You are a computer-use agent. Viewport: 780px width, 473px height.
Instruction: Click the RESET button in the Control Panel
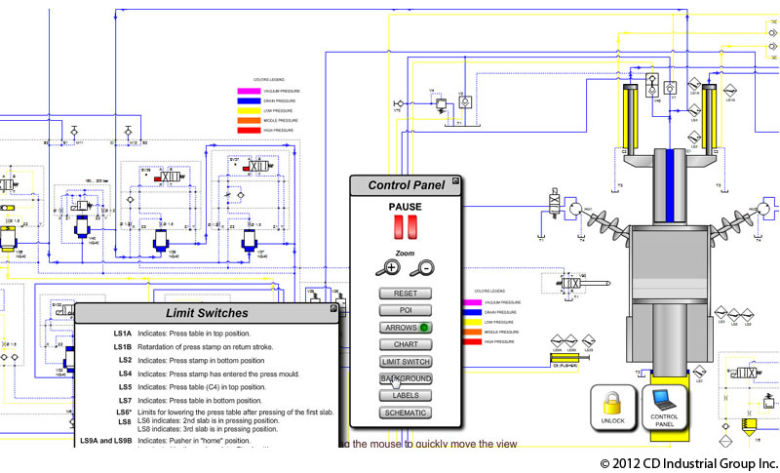pos(405,294)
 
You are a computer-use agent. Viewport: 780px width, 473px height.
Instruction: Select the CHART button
pos(405,344)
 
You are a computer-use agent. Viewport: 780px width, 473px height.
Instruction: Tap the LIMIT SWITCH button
pos(405,362)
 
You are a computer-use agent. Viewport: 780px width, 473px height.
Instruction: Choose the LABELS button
pos(405,395)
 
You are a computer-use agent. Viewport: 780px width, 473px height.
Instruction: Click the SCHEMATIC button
pos(405,413)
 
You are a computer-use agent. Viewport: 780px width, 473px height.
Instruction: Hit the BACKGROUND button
pos(405,378)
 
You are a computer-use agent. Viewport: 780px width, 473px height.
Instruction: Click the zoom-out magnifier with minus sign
pos(422,267)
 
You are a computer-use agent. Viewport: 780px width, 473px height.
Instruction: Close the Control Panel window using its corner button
pos(455,181)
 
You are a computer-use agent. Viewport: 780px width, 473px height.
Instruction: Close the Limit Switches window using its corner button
pos(333,308)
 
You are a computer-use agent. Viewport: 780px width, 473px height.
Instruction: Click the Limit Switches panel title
pos(207,313)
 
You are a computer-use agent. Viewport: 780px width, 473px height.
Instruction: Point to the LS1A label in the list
pos(122,334)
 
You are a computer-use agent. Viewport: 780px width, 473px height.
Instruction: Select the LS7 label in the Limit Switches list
pos(125,400)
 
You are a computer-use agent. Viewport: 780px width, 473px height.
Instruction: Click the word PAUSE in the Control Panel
pos(405,207)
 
